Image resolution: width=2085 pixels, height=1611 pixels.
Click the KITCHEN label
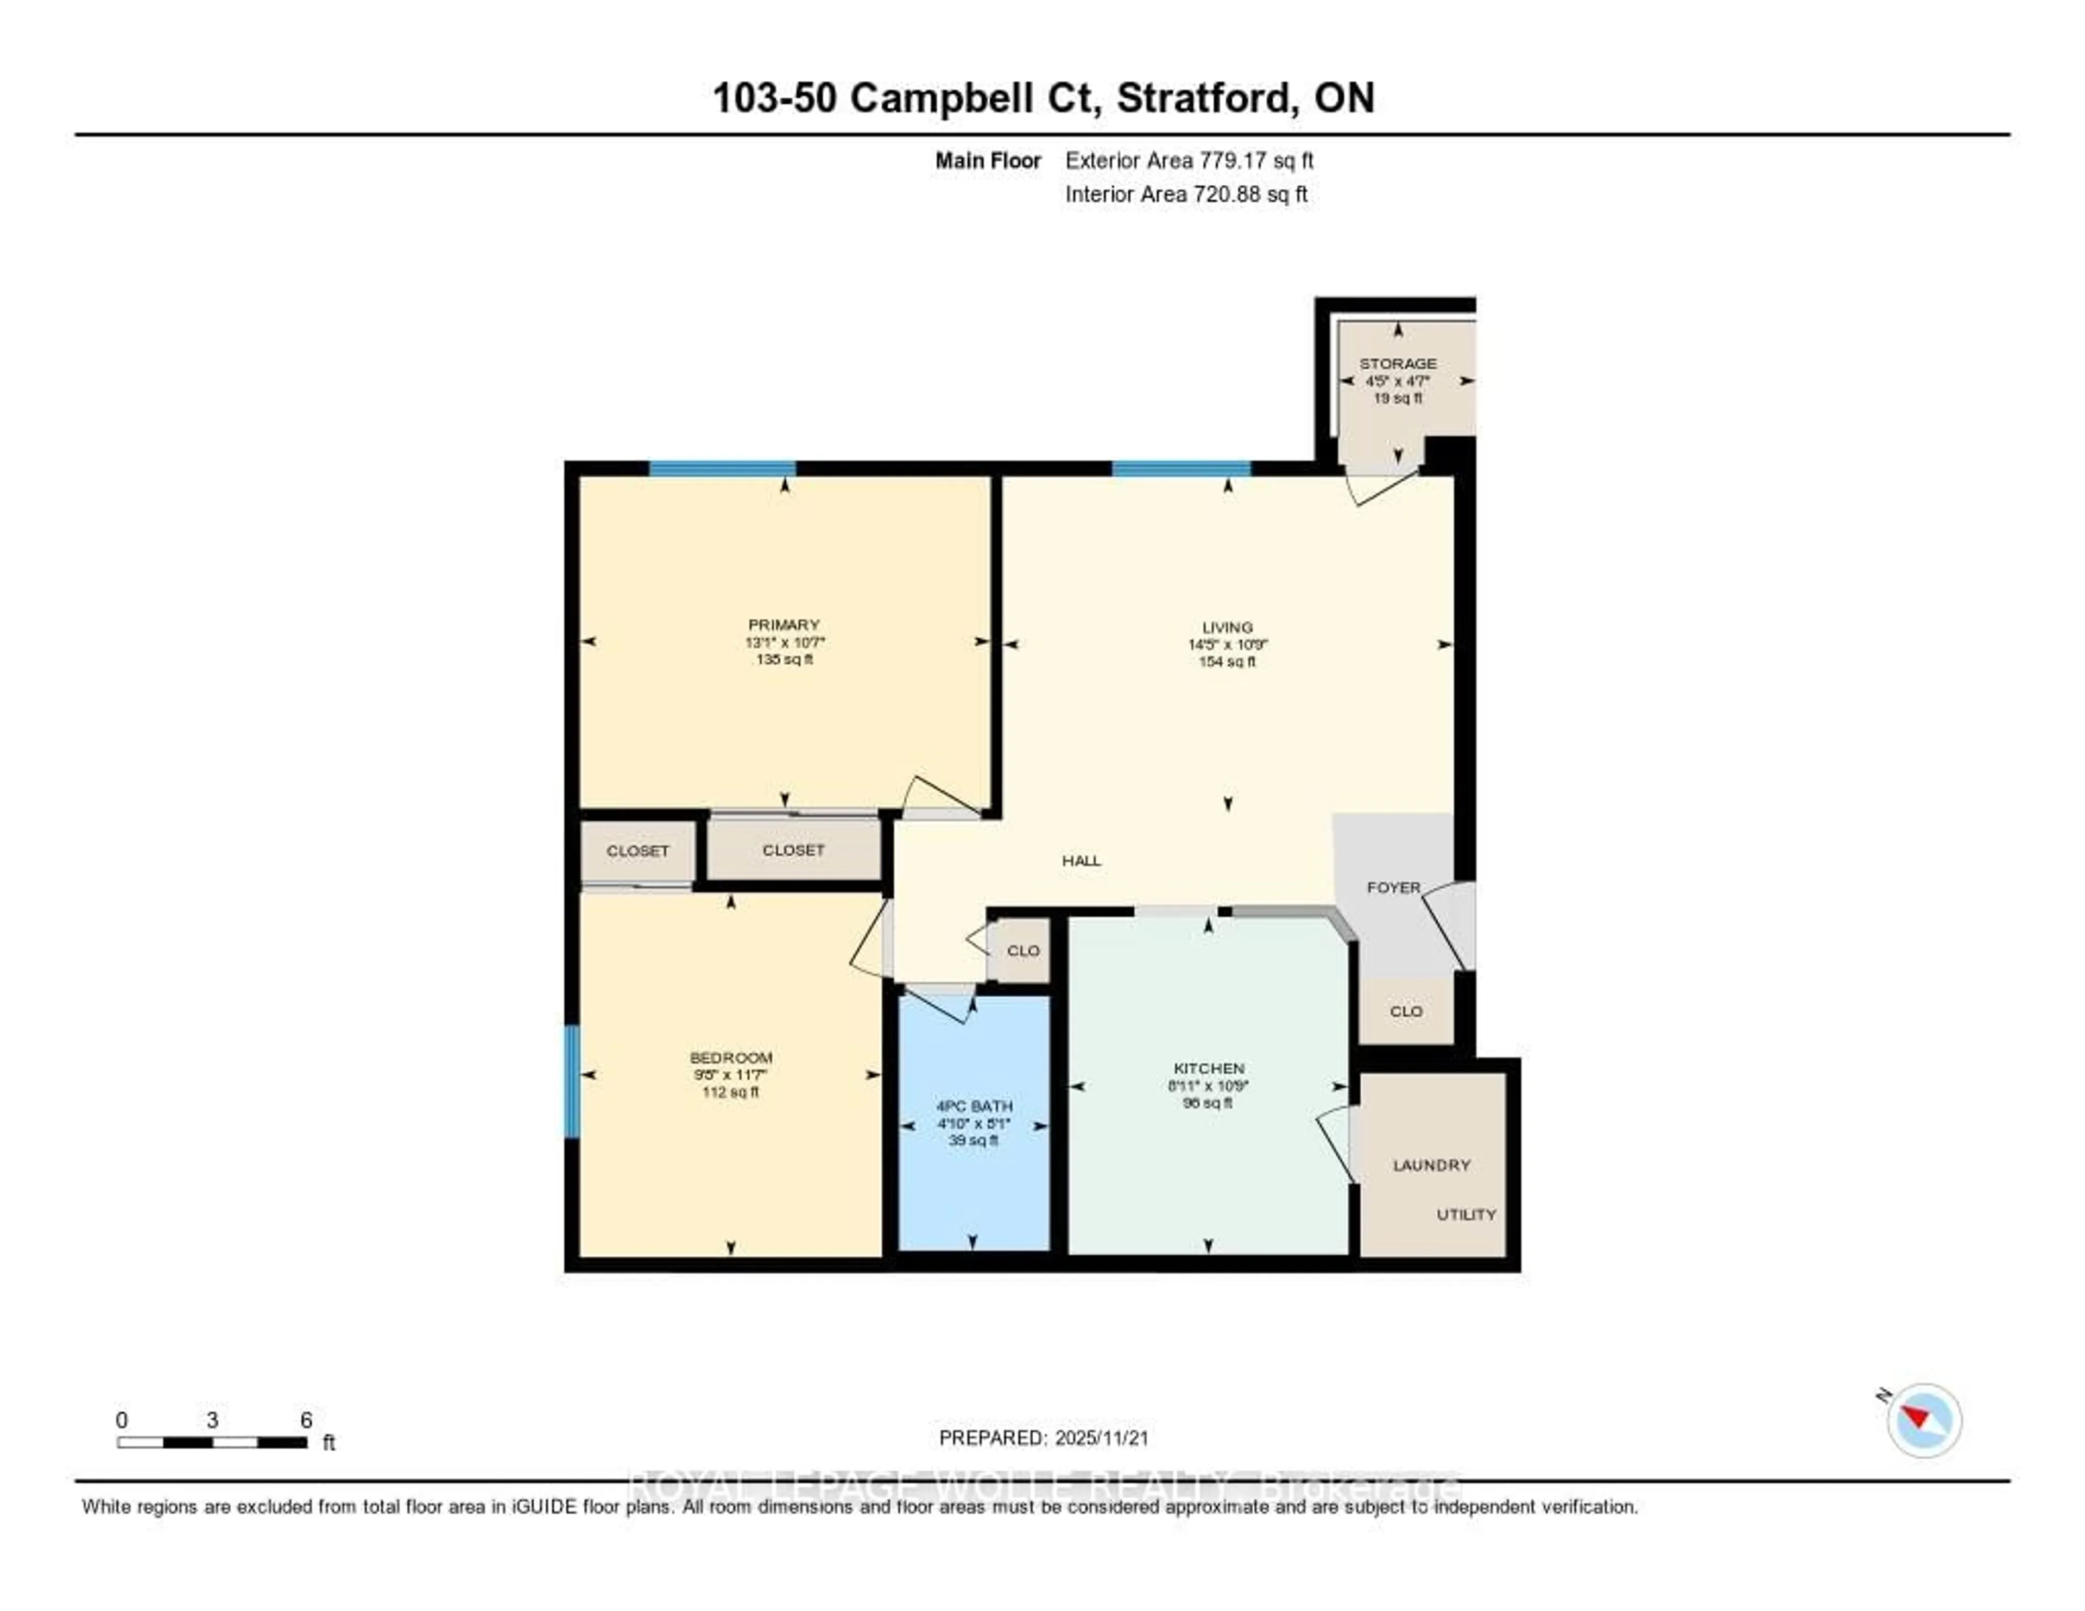(x=1209, y=1068)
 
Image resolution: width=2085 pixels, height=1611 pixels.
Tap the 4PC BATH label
(x=974, y=1106)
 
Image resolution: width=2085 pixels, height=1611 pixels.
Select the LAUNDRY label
(x=1431, y=1165)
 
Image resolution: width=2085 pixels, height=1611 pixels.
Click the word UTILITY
(x=1467, y=1214)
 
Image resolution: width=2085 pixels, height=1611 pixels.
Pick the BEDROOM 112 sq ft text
(x=730, y=1092)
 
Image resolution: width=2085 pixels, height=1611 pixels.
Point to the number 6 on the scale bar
(x=306, y=1420)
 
